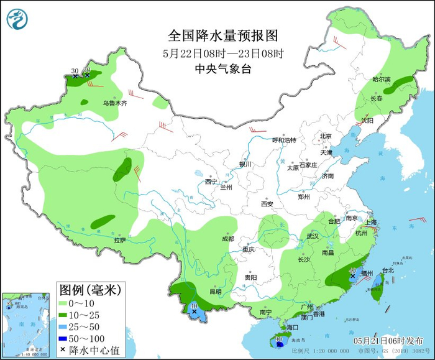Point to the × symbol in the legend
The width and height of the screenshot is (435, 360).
coord(63,350)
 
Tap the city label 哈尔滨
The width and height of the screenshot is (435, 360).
coord(381,80)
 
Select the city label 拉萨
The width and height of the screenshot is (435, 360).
coord(120,240)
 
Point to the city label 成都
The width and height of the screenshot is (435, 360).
coord(227,239)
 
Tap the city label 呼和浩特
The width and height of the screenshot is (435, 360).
coord(285,141)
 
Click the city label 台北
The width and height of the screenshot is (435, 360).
coord(387,270)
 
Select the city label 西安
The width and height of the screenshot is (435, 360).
coord(267,203)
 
